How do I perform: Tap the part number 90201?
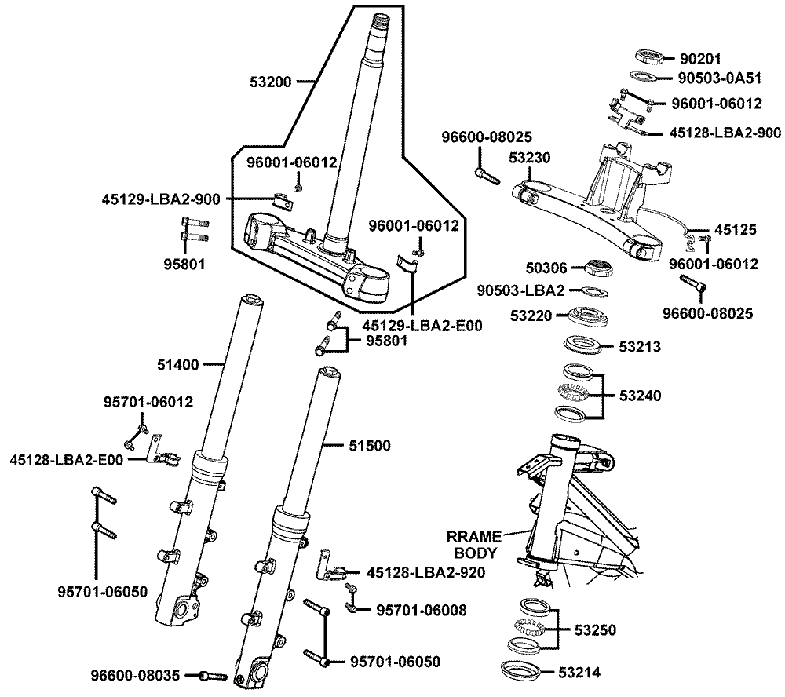pos(700,58)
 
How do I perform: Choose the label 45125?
pos(736,230)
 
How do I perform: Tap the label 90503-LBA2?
pos(521,290)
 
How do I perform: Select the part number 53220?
pos(531,316)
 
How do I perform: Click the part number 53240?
pos(640,396)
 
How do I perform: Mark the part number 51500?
pos(369,445)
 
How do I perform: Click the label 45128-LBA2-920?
pos(414,572)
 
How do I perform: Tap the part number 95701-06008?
pos(421,609)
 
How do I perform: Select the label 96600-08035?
pos(136,674)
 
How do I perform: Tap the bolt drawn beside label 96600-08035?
pos(213,675)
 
